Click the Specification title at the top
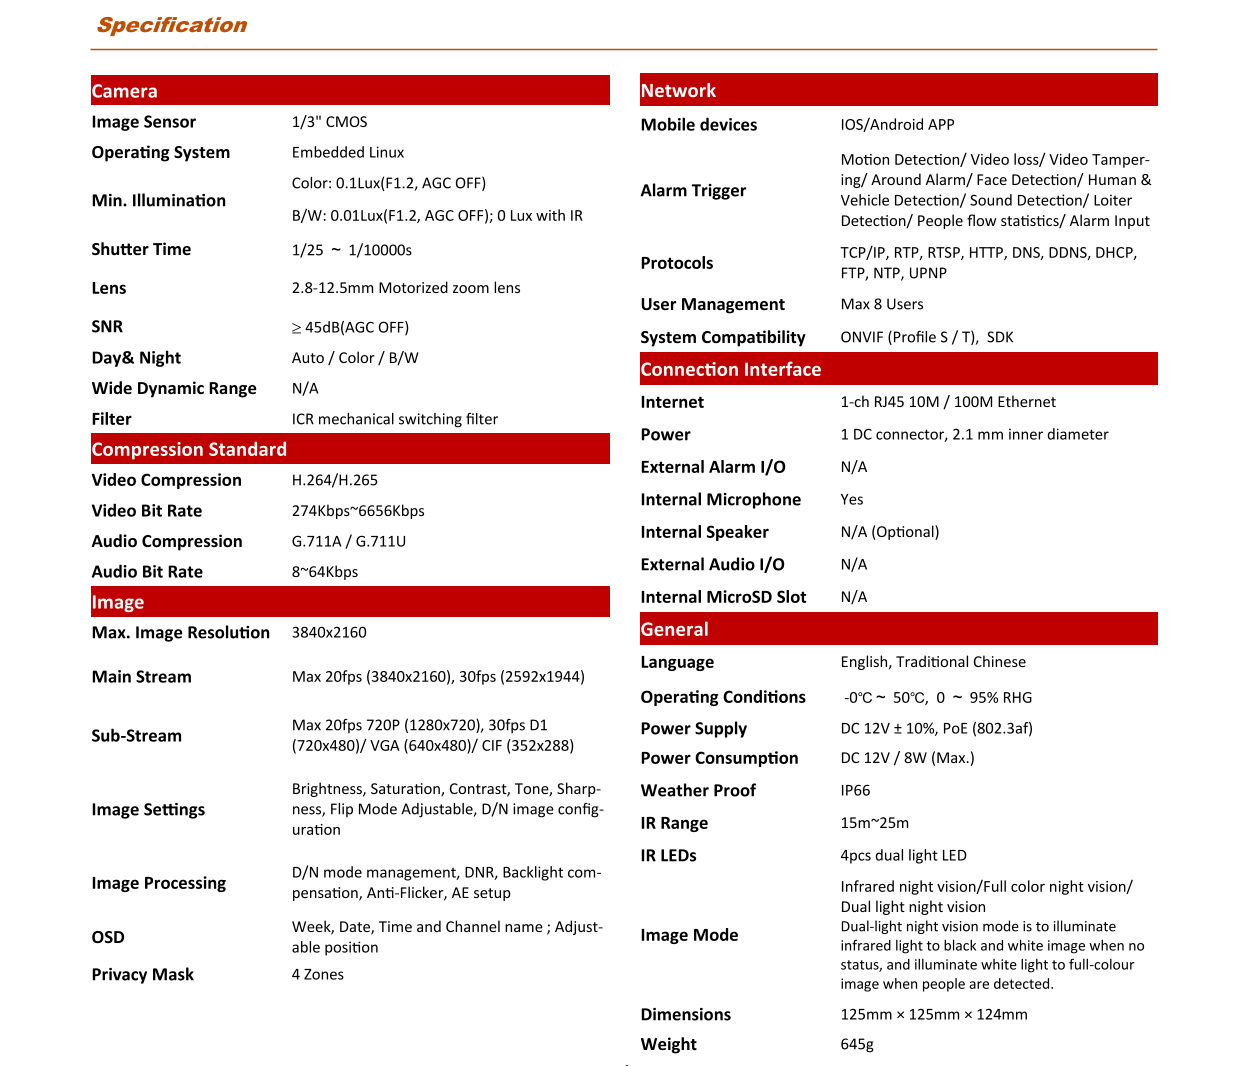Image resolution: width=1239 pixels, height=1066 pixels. click(x=171, y=25)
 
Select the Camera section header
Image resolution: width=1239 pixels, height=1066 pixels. click(x=125, y=91)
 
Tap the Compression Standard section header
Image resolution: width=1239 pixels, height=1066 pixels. click(x=189, y=449)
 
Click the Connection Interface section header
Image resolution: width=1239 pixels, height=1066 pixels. click(x=731, y=369)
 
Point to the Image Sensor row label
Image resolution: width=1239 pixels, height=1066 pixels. click(x=144, y=122)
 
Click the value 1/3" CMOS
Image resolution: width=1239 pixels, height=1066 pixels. click(x=330, y=122)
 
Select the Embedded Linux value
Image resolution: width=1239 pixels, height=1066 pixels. click(x=348, y=153)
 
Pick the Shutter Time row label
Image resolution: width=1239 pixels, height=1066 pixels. click(x=141, y=249)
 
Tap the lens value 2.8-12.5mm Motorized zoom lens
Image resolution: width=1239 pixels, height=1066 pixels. click(x=406, y=288)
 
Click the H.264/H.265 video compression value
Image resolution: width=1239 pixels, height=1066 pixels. click(x=335, y=480)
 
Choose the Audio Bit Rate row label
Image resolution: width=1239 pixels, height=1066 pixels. click(x=147, y=572)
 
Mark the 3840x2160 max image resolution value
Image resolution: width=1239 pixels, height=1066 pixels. click(x=329, y=633)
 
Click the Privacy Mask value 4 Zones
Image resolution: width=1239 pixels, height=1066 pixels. click(x=318, y=975)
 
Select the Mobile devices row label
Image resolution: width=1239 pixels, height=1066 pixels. click(x=699, y=125)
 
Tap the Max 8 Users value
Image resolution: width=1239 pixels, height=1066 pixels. click(x=882, y=304)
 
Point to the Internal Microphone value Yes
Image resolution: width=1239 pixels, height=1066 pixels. click(x=852, y=499)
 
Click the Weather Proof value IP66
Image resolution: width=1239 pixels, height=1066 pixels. click(x=856, y=791)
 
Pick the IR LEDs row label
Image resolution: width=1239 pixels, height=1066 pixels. click(x=669, y=856)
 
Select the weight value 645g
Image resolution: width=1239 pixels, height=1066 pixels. click(x=857, y=1044)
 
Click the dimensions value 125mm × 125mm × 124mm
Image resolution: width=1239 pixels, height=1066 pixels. click(x=934, y=1015)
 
